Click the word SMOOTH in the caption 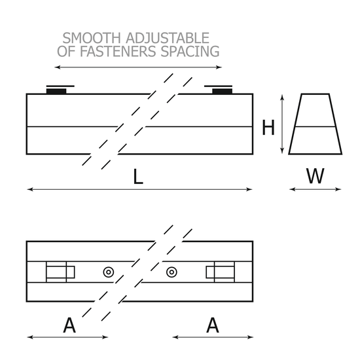tap(92, 38)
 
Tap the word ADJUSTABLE tap(168, 38)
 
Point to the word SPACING tap(190, 51)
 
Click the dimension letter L tap(138, 176)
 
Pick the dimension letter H tap(268, 128)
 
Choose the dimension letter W tap(315, 176)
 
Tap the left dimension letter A tap(69, 325)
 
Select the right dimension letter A tap(213, 325)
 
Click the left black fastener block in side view tap(56, 91)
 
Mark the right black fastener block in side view tap(222, 91)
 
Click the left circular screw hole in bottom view tap(109, 272)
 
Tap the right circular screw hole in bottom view tap(171, 272)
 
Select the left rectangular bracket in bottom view tap(60, 272)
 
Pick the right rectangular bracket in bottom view tap(221, 272)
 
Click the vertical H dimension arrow tap(282, 124)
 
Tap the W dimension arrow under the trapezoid tap(315, 189)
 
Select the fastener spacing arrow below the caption tap(138, 67)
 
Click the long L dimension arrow tap(139, 189)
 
